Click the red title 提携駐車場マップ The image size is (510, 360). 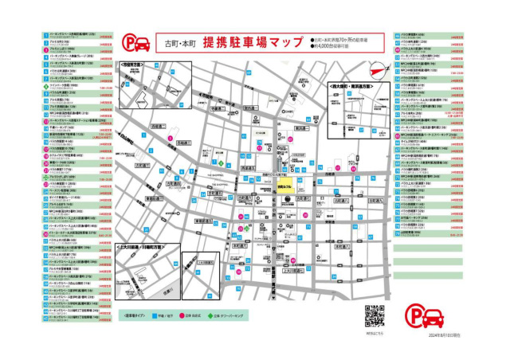pyautogui.click(x=253, y=41)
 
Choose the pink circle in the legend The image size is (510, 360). pyautogui.click(x=203, y=315)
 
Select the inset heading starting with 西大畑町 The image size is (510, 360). pyautogui.click(x=351, y=82)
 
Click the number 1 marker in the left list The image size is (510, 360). pyautogui.click(x=46, y=35)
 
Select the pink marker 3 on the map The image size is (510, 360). pyautogui.click(x=171, y=139)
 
